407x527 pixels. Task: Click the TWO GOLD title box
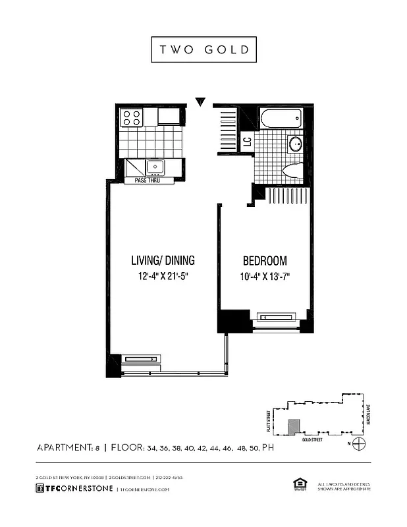pos(203,49)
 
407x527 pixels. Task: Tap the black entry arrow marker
pos(201,102)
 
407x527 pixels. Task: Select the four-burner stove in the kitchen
pos(131,117)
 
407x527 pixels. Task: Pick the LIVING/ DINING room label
pos(163,260)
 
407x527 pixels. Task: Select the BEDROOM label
pos(265,260)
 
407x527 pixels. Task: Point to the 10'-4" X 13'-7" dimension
pos(265,277)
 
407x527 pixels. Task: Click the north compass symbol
pos(359,443)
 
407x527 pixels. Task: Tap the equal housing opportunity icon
pos(299,485)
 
